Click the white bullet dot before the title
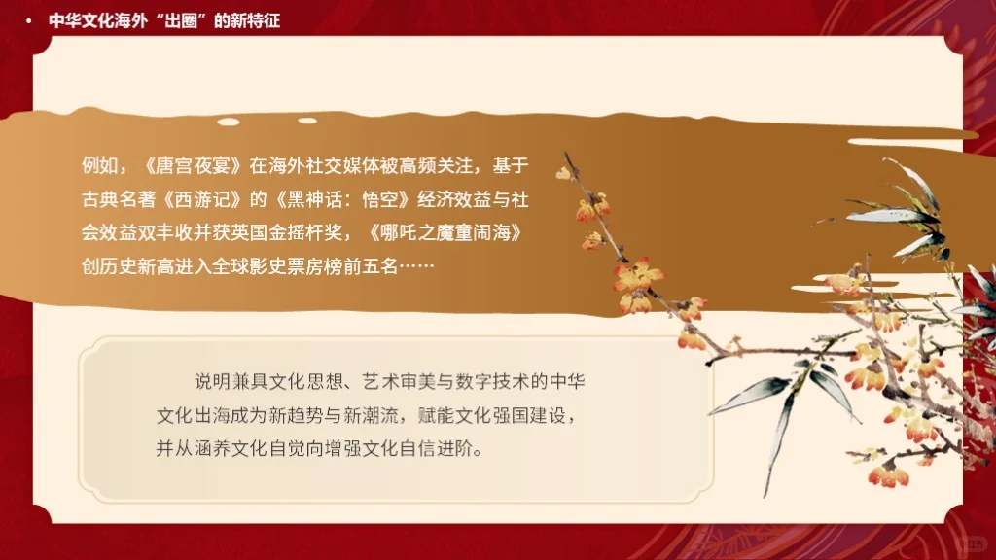pos(29,21)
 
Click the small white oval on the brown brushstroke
pos(229,122)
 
